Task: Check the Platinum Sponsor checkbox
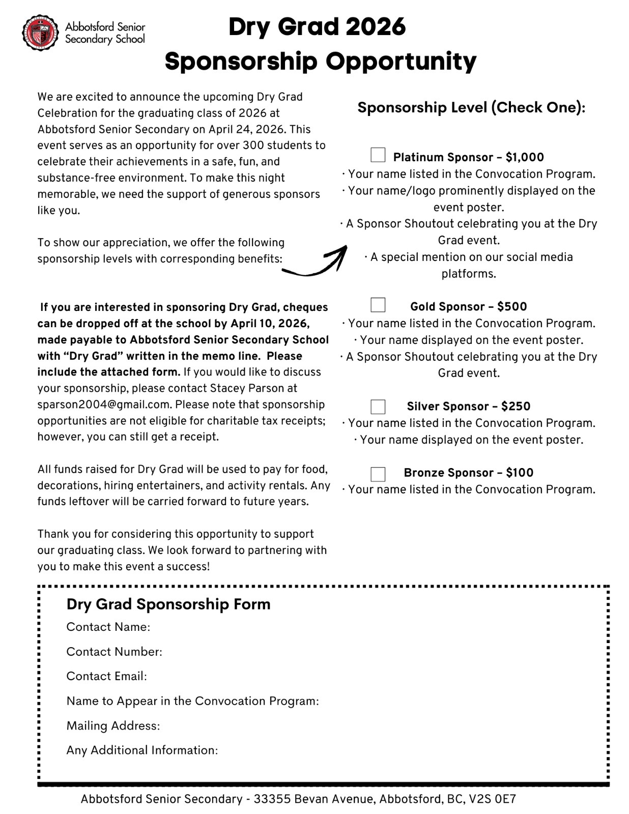[x=378, y=155]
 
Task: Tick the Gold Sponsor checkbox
[x=378, y=305]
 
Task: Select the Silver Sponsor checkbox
[x=378, y=406]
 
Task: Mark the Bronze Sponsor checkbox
[x=378, y=474]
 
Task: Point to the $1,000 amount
[x=525, y=157]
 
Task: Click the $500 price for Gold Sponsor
[x=512, y=306]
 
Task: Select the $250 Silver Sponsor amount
[x=516, y=406]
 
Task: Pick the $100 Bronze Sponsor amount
[x=520, y=473]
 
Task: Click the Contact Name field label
[x=108, y=627]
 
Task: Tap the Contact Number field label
[x=114, y=652]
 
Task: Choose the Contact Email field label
[x=106, y=676]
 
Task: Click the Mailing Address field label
[x=113, y=725]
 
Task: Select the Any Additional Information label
[x=142, y=750]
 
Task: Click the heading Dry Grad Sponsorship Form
[x=168, y=604]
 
